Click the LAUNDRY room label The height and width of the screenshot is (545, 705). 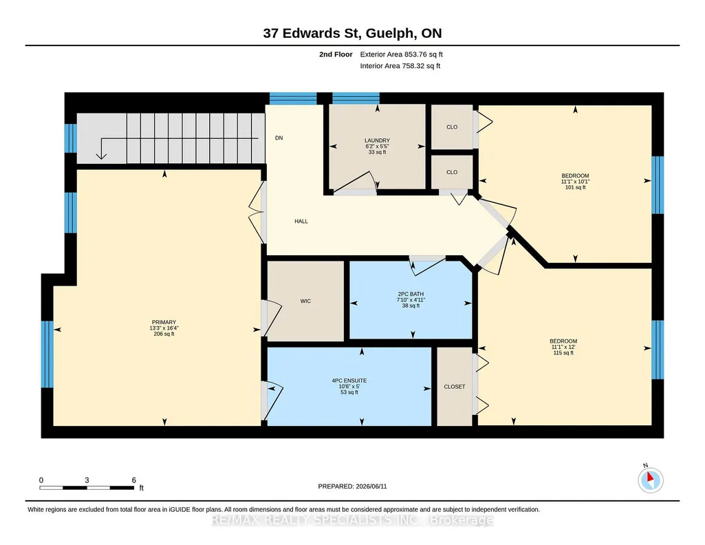pyautogui.click(x=377, y=141)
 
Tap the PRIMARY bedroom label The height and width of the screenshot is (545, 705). pyautogui.click(x=164, y=323)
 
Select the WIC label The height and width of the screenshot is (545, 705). pyautogui.click(x=305, y=301)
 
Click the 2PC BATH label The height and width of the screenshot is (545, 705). pyautogui.click(x=411, y=294)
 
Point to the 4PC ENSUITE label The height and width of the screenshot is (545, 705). pyautogui.click(x=349, y=381)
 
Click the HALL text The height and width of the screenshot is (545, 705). pyautogui.click(x=301, y=222)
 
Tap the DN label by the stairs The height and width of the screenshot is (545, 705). pyautogui.click(x=279, y=138)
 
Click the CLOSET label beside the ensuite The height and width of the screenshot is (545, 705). pyautogui.click(x=455, y=387)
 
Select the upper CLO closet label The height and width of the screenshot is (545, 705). pyautogui.click(x=452, y=127)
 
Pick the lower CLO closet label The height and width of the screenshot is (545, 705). pyautogui.click(x=452, y=172)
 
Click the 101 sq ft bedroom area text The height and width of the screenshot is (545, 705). pyautogui.click(x=575, y=187)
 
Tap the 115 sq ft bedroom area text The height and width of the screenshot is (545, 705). pyautogui.click(x=563, y=353)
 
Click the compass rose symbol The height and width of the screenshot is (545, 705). pyautogui.click(x=650, y=480)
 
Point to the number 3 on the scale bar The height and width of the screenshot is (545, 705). pyautogui.click(x=87, y=480)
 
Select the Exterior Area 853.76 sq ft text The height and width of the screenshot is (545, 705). pyautogui.click(x=402, y=54)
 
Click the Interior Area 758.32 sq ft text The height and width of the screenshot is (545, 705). pyautogui.click(x=400, y=65)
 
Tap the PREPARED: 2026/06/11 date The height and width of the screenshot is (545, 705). pyautogui.click(x=352, y=487)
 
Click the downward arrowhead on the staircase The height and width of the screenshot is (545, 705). pyautogui.click(x=102, y=156)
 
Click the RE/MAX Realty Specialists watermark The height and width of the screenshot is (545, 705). pyautogui.click(x=352, y=520)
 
